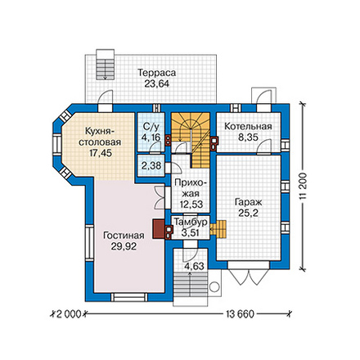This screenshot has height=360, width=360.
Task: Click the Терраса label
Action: pyautogui.click(x=156, y=73)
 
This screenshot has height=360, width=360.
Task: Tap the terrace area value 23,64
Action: pyautogui.click(x=156, y=83)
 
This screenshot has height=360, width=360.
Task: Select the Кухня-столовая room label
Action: pyautogui.click(x=99, y=137)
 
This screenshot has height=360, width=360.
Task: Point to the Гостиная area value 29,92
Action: pyautogui.click(x=124, y=246)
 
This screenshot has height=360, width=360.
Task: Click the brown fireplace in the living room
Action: pyautogui.click(x=158, y=229)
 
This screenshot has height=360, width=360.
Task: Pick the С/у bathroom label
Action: pyautogui.click(x=151, y=126)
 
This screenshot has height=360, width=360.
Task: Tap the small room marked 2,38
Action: pyautogui.click(x=151, y=165)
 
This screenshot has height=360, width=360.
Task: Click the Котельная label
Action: pyautogui.click(x=248, y=127)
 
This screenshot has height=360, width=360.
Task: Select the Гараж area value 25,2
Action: pyautogui.click(x=248, y=213)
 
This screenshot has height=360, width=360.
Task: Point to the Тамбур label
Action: pyautogui.click(x=191, y=223)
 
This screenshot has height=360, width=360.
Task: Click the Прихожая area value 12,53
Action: pyautogui.click(x=191, y=204)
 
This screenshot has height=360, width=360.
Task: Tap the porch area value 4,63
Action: pyautogui.click(x=194, y=266)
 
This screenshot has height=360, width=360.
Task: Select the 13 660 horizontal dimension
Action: pyautogui.click(x=240, y=314)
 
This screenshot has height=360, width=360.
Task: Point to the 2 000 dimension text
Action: pyautogui.click(x=69, y=314)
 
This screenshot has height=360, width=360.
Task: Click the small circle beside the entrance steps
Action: pyautogui.click(x=215, y=287)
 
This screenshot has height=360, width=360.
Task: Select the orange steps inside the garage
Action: pyautogui.click(x=218, y=228)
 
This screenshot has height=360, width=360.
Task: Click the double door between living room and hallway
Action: pyautogui.click(x=160, y=197)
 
